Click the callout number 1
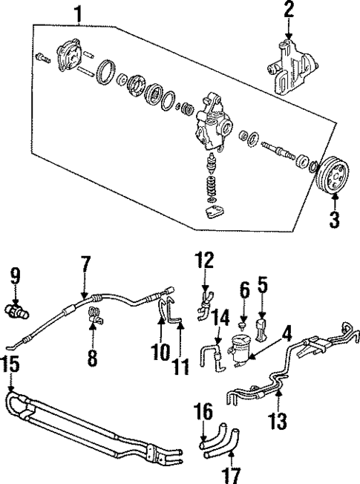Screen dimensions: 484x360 click(77, 12)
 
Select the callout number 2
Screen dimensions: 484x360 click(289, 10)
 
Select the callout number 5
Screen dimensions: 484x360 click(261, 284)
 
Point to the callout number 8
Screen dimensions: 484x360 click(92, 359)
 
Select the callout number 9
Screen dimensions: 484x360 click(13, 276)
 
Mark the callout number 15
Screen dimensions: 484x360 click(9, 364)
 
